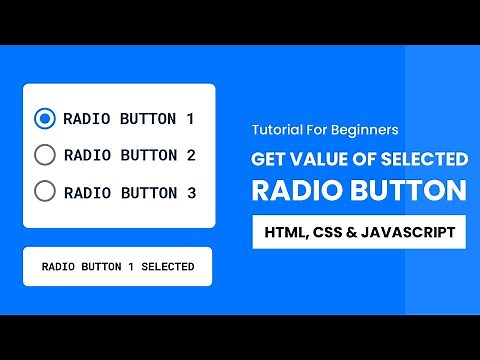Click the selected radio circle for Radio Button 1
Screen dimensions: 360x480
point(44,119)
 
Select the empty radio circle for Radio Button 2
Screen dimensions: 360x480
point(44,155)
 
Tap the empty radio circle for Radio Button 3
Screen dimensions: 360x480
point(44,191)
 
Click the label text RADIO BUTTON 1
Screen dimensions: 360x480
point(128,119)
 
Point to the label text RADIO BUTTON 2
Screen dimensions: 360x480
point(128,155)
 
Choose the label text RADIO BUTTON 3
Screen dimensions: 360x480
point(128,191)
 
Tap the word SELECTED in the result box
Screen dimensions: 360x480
point(165,267)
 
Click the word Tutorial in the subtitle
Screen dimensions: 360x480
point(274,130)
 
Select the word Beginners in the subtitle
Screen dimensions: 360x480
point(366,130)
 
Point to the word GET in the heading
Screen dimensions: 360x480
point(267,159)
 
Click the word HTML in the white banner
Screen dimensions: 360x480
point(285,233)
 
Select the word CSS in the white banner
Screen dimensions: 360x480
point(329,233)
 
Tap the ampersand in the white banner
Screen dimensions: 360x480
point(356,233)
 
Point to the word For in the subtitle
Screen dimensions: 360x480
point(318,130)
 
